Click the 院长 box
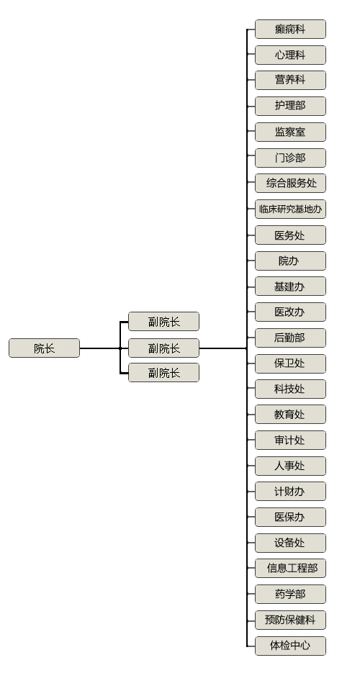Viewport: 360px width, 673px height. [44, 348]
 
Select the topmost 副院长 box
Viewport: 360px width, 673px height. [163, 322]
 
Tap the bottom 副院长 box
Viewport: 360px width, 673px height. [163, 373]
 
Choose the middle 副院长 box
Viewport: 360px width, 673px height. [163, 348]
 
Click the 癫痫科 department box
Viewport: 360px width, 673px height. [290, 30]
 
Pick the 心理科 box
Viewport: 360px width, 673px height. [290, 55]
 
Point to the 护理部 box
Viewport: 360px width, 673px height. [290, 106]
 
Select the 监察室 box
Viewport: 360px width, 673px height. [290, 132]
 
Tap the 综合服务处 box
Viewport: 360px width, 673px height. [290, 184]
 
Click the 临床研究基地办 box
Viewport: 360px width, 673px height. [290, 209]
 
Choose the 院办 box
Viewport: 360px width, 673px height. [290, 261]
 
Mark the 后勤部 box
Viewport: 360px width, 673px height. [290, 338]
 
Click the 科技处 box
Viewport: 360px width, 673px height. [290, 389]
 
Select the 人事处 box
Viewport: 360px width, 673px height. [290, 466]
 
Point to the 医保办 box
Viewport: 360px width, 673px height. [290, 518]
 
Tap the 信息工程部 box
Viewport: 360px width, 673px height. [290, 569]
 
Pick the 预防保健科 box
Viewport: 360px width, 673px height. [290, 620]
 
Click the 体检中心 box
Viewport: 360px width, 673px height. [290, 646]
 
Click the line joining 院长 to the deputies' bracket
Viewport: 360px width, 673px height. [100, 348]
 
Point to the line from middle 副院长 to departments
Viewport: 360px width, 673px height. [223, 348]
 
